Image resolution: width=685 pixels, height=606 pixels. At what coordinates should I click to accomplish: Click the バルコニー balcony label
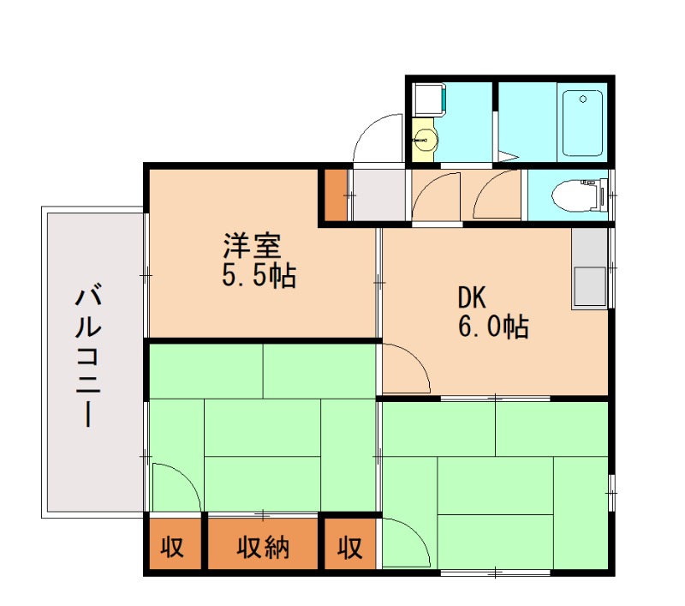(88, 358)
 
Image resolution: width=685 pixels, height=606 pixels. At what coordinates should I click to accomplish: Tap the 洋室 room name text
(252, 247)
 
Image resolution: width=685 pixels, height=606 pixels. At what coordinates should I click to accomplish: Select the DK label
(472, 298)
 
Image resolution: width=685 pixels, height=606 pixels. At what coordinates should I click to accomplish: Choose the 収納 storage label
(263, 546)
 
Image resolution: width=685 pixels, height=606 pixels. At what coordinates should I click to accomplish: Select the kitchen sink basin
(589, 286)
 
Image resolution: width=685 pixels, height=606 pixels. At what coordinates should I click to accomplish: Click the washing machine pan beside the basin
(428, 100)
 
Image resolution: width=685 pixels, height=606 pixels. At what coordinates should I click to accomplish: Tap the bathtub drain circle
(582, 99)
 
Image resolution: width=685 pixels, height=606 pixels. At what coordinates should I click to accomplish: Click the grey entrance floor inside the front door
(378, 195)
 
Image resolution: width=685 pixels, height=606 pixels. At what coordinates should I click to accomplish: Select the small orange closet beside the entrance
(335, 196)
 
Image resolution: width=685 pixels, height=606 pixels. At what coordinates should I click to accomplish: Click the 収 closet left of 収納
(173, 546)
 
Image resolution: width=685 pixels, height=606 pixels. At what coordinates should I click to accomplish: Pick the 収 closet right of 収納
(348, 546)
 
